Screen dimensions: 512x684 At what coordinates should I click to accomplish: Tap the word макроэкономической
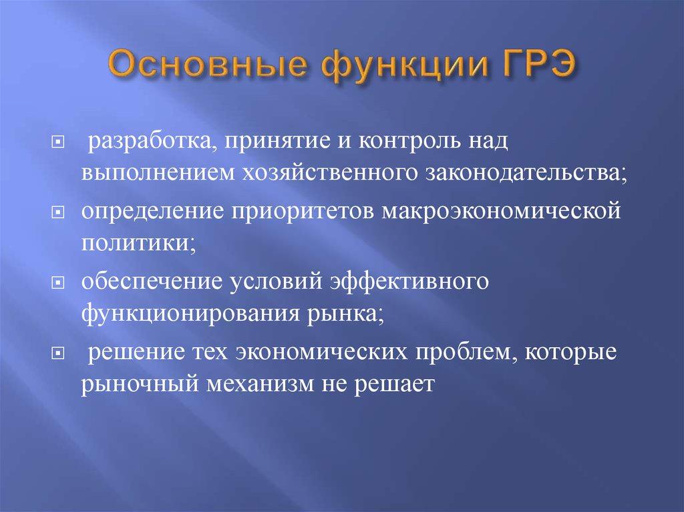click(498, 211)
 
